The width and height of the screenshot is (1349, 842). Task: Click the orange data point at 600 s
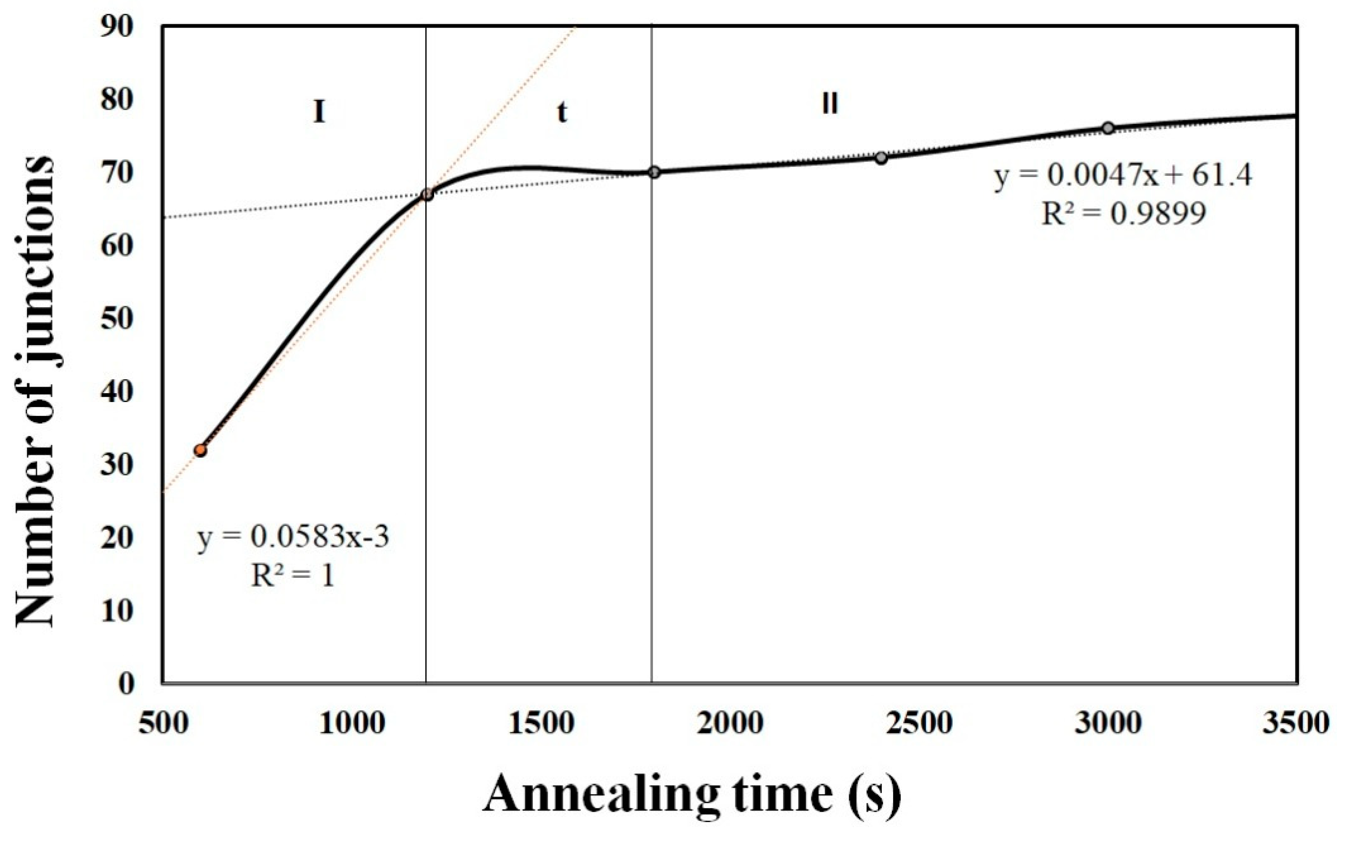pyautogui.click(x=200, y=450)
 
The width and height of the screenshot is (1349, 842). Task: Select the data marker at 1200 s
pyautogui.click(x=427, y=194)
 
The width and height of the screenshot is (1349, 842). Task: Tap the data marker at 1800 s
pyautogui.click(x=654, y=172)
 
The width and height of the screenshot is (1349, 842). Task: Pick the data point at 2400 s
pyautogui.click(x=881, y=158)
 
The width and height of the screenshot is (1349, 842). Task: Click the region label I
pyautogui.click(x=319, y=112)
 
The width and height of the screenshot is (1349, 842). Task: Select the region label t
pyautogui.click(x=562, y=112)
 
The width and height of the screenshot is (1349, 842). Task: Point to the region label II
pyautogui.click(x=830, y=104)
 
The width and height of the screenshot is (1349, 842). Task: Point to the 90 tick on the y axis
pyautogui.click(x=118, y=26)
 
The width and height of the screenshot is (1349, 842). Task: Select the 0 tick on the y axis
pyautogui.click(x=126, y=683)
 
